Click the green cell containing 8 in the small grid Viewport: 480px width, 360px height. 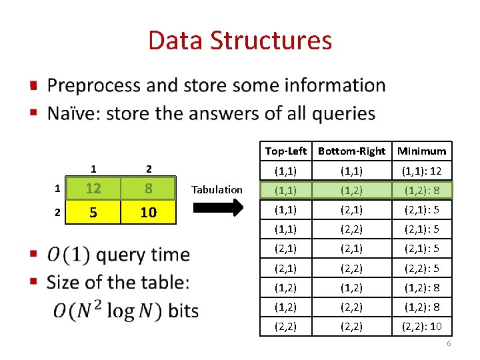pyautogui.click(x=148, y=189)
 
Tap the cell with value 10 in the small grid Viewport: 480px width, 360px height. pyautogui.click(x=148, y=213)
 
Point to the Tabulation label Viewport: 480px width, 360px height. pyautogui.click(x=217, y=190)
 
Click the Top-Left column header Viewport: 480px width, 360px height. pyautogui.click(x=286, y=151)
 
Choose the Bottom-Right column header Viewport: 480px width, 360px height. pyautogui.click(x=351, y=151)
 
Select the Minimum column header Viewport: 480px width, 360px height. pyautogui.click(x=422, y=151)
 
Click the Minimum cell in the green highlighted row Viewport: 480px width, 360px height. pyautogui.click(x=422, y=190)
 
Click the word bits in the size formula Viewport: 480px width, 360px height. pyautogui.click(x=183, y=311)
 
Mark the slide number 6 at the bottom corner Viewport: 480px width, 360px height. pyautogui.click(x=449, y=343)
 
